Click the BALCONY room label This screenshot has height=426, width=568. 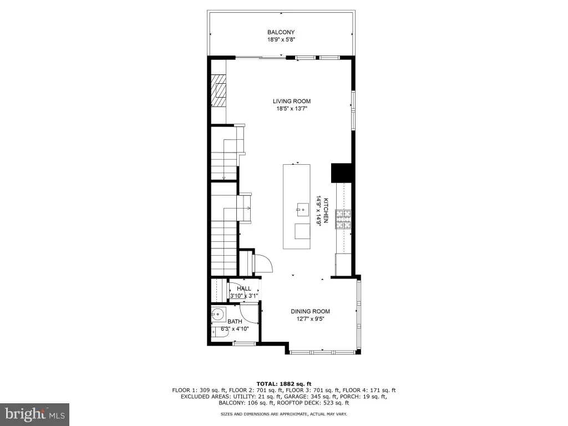(281, 32)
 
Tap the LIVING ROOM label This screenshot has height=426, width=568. (292, 102)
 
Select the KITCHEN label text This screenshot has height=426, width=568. (326, 210)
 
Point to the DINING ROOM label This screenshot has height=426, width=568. (311, 312)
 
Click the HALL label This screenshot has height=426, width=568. (244, 288)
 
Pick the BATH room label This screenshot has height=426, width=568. (235, 322)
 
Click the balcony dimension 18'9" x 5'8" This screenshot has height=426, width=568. (281, 40)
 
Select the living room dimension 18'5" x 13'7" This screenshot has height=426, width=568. (292, 109)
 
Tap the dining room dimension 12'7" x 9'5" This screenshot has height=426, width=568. (311, 319)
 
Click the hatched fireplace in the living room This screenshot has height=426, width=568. (219, 90)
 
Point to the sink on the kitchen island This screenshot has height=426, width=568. (303, 210)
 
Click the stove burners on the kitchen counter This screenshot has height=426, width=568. (343, 220)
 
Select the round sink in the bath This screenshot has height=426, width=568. (219, 315)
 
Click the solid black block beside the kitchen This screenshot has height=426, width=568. (342, 173)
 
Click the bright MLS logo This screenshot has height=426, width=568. (35, 414)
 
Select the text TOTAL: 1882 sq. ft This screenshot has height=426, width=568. (284, 384)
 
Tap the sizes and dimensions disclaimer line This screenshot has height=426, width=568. (284, 414)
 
